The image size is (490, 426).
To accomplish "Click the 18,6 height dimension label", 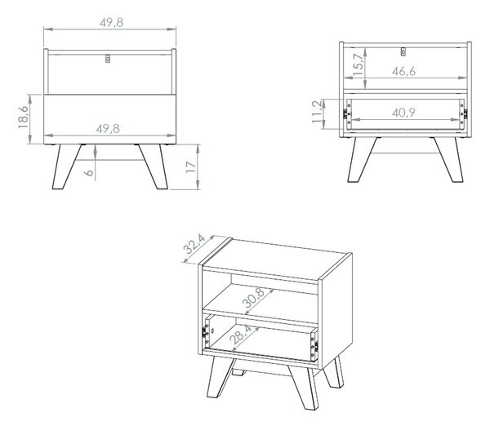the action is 23,118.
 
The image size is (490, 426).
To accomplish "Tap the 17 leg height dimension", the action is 191,167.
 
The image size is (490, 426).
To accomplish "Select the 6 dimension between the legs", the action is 89,172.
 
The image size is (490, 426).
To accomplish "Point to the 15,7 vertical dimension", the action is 359,64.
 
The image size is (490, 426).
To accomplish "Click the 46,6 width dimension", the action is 403,72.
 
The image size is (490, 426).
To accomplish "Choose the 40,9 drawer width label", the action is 403,113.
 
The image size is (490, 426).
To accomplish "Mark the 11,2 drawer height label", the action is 317,112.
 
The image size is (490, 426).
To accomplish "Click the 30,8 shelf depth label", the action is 254,298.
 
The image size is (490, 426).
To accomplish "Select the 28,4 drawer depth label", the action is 241,334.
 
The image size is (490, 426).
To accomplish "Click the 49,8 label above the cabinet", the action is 112,23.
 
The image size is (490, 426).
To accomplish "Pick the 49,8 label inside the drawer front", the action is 108,129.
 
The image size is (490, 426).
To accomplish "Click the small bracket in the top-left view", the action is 108,59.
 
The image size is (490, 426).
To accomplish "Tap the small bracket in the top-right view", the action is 403,51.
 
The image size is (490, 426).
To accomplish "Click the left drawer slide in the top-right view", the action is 347,113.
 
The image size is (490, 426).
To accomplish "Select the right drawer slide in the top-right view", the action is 463,113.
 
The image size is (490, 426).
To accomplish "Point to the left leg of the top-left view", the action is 66,166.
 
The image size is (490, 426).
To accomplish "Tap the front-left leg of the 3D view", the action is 220,377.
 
